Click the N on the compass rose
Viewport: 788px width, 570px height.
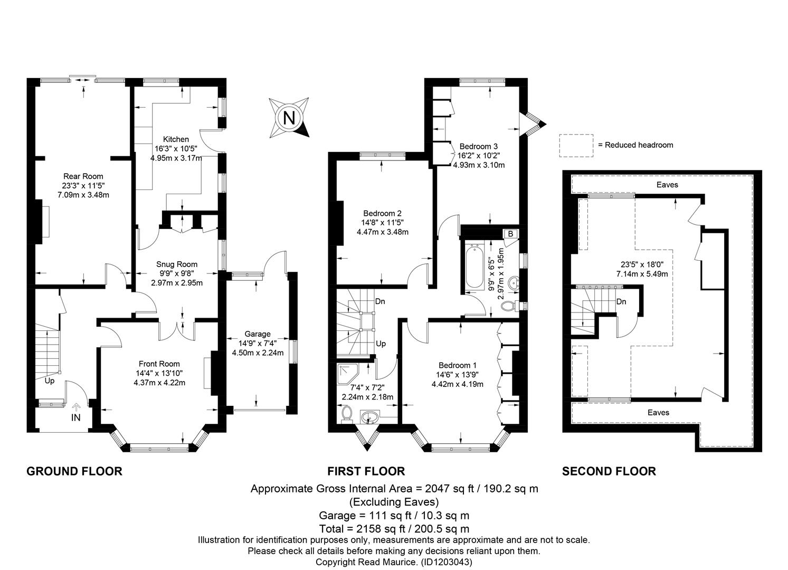point(289,118)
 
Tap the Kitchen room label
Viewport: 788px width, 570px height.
point(176,139)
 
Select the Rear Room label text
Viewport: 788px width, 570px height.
point(83,176)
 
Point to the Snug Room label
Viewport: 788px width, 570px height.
point(177,264)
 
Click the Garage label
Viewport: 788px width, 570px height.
point(258,334)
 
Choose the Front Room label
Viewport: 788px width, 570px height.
point(159,364)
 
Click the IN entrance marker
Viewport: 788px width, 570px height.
point(76,417)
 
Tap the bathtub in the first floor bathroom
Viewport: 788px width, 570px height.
point(474,268)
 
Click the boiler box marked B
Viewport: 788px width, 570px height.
point(510,234)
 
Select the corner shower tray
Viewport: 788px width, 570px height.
point(348,374)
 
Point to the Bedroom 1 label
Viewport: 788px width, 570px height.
point(458,365)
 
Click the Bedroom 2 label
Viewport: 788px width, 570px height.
point(383,213)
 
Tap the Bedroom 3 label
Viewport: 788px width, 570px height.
point(479,146)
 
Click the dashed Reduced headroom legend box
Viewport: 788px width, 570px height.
point(576,146)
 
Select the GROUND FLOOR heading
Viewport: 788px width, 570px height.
point(74,471)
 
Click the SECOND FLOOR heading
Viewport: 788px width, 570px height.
point(609,471)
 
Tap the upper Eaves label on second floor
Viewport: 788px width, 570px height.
point(667,185)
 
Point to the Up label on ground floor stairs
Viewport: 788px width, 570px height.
point(50,381)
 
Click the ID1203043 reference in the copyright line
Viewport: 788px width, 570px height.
point(447,562)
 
